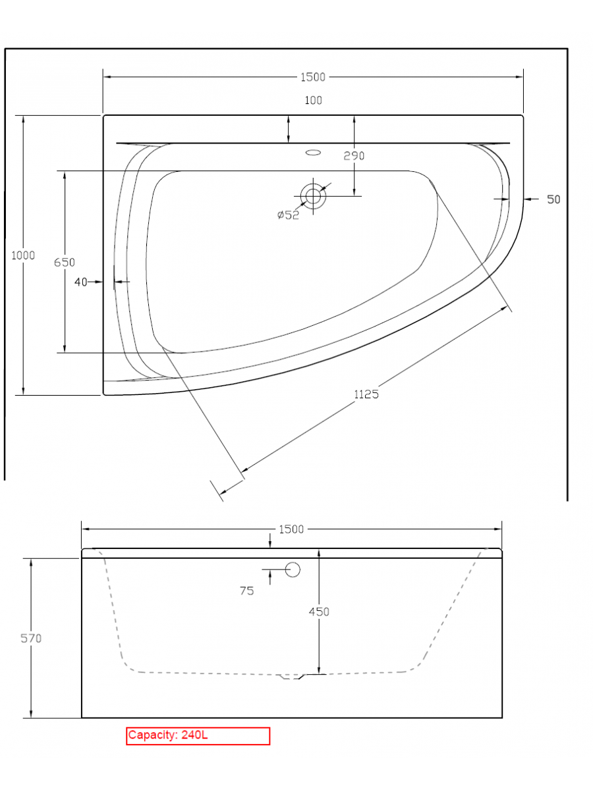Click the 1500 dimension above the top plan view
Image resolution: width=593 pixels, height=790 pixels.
[x=313, y=77]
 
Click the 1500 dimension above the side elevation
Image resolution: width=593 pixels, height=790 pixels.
[x=291, y=529]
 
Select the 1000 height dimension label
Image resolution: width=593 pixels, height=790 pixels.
[x=23, y=255]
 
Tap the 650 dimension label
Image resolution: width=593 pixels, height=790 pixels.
[x=65, y=262]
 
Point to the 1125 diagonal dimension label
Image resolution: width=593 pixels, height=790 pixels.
[x=366, y=394]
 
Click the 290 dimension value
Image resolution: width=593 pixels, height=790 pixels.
[x=354, y=156]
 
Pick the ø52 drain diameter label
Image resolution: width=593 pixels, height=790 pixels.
[x=288, y=215]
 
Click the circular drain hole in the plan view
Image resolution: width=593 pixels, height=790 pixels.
[x=313, y=196]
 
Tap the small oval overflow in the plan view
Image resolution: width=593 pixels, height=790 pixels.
[x=313, y=153]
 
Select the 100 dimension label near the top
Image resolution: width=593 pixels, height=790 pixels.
[x=313, y=101]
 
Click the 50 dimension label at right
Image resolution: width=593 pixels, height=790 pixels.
[x=553, y=199]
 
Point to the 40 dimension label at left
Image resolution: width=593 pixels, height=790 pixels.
[x=81, y=282]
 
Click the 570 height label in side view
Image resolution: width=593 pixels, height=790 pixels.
[x=31, y=638]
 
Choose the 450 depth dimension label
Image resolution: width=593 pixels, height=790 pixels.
[x=319, y=612]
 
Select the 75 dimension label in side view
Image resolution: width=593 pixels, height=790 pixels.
[x=247, y=591]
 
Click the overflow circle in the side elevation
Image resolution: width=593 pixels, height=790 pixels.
[x=293, y=569]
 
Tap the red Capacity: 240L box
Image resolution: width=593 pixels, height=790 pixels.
[x=198, y=735]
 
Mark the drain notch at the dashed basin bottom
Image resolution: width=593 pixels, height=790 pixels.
[x=291, y=676]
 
